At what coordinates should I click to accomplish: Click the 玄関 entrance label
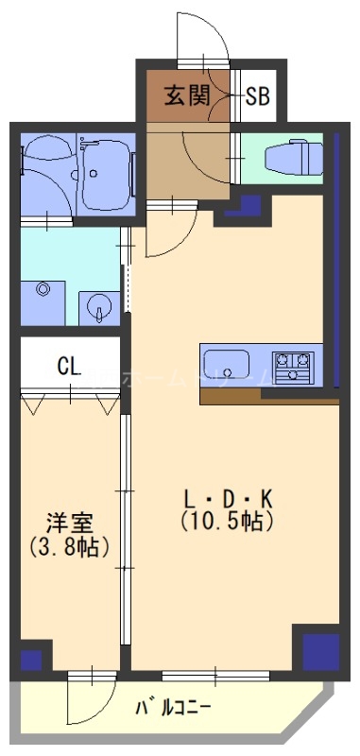186,95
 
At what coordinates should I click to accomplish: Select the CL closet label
67,365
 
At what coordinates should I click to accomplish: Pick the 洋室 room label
68,523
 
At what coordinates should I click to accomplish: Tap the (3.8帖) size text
68,546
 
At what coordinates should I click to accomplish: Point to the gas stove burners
292,364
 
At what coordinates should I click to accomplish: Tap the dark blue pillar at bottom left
31,658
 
